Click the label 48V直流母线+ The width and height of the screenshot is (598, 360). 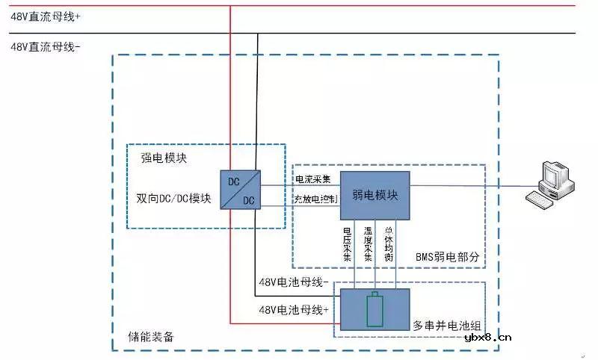46,15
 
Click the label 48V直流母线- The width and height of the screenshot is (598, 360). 46,46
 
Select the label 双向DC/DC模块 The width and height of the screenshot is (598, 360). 173,199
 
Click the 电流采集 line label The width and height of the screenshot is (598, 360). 312,179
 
